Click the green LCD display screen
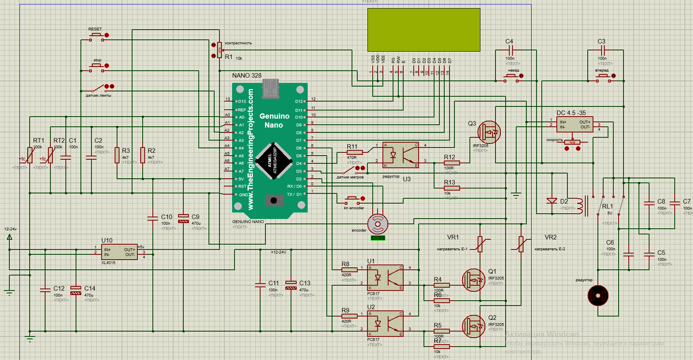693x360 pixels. point(424,30)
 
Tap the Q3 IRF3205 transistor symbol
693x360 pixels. point(489,132)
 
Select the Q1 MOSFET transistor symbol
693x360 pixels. point(474,280)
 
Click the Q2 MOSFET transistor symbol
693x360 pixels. point(474,326)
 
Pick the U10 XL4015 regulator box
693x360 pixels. point(119,252)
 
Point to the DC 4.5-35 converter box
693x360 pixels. point(575,124)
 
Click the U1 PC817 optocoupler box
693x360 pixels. point(385,278)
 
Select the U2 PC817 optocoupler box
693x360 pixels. point(385,324)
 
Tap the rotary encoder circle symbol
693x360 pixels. point(378,223)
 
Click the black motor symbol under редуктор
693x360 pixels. point(598,295)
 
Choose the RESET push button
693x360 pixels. point(97,36)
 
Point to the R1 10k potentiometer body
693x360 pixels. point(219,50)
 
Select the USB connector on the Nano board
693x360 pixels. point(271,89)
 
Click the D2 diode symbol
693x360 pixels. point(552,201)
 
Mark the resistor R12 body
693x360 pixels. point(452,163)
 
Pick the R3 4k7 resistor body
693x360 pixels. point(117,155)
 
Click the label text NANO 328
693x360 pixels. point(247,76)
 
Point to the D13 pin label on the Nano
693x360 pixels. point(242,102)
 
